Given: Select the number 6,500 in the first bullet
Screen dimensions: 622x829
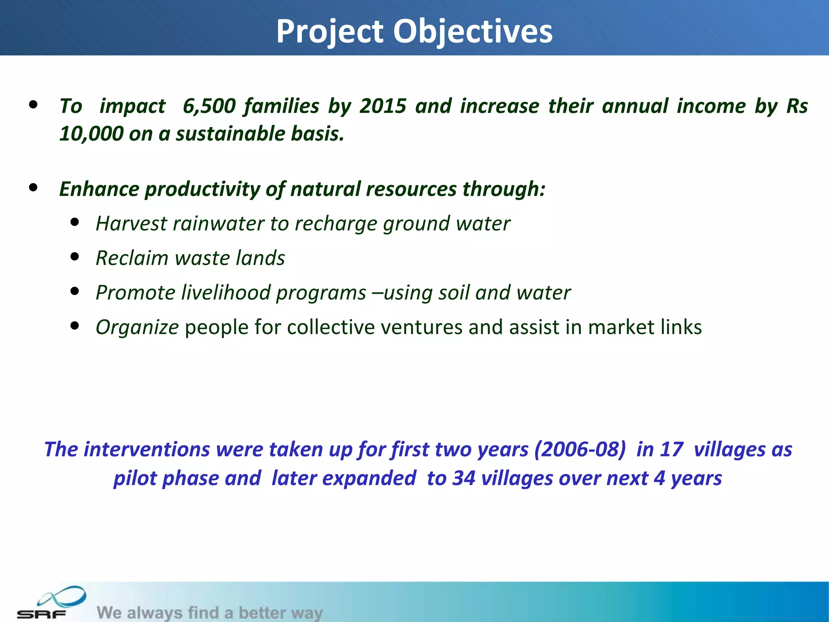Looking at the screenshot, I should [209, 106].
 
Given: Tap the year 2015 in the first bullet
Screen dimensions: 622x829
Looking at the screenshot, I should [383, 106].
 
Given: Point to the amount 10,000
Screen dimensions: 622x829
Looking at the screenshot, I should [91, 134].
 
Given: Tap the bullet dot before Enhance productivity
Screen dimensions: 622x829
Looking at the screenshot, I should [33, 187].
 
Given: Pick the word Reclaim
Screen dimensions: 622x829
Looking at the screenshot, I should [132, 258].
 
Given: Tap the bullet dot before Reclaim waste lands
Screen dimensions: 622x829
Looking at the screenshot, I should [74, 257].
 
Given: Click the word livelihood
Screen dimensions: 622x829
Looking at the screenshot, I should [225, 292].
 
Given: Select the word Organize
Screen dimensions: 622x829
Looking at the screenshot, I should [137, 327].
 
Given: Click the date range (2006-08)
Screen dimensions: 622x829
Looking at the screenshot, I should [580, 449].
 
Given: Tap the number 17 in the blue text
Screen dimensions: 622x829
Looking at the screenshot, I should [671, 449].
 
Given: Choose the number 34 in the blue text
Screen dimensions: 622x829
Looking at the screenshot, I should [463, 478].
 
